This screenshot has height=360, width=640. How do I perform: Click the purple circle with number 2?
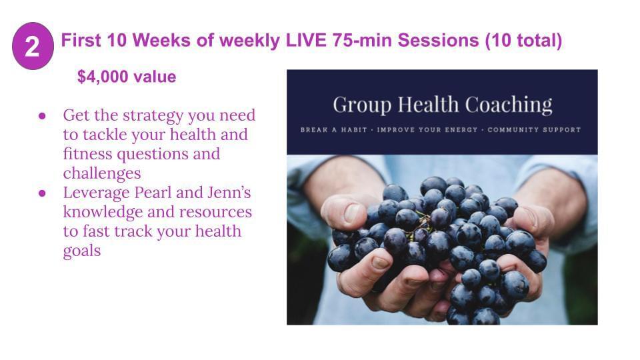pos(33,46)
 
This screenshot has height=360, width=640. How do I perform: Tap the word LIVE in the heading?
pos(306,41)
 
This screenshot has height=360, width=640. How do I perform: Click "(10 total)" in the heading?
pos(524,41)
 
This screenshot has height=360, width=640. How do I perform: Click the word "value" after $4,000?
pos(155,77)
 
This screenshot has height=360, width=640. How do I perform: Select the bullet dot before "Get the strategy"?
pos(42,116)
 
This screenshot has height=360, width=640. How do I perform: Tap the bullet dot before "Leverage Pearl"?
pos(42,193)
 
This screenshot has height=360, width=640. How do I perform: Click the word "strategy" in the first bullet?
pos(153,116)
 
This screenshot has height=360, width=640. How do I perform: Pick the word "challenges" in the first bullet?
pos(102,173)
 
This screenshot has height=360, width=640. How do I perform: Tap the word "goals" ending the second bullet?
pos(81,251)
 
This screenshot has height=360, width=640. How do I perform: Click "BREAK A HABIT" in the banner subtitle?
pos(333,130)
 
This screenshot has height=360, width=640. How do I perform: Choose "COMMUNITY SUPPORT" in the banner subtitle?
pos(534,130)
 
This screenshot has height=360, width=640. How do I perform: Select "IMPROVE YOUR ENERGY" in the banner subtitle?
pos(427,130)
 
